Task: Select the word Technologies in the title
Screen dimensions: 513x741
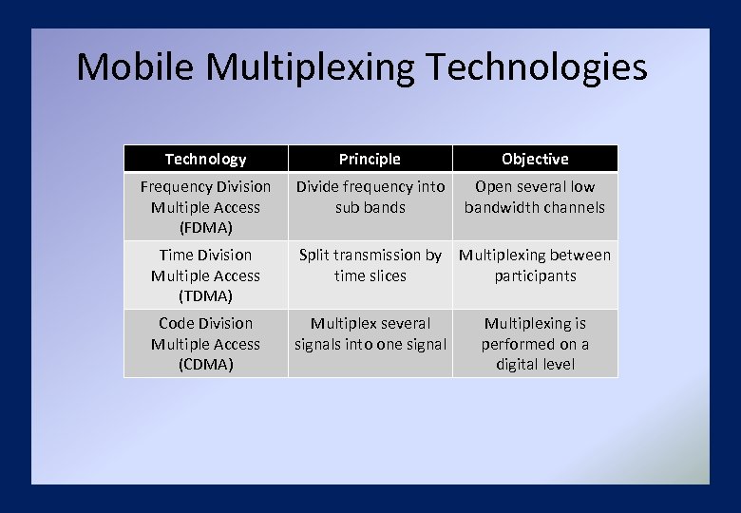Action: point(538,67)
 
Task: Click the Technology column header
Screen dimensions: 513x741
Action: point(205,159)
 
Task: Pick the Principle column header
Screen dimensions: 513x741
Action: point(370,159)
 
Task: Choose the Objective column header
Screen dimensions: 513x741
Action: point(535,159)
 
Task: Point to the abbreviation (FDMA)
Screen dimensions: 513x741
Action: point(205,228)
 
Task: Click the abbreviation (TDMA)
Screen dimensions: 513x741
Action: point(205,296)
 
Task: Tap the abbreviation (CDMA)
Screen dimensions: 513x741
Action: point(205,365)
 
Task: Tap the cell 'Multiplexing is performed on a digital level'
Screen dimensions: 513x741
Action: point(535,344)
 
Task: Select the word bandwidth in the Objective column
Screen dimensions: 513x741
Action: point(501,207)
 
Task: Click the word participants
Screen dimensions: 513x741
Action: point(535,275)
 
